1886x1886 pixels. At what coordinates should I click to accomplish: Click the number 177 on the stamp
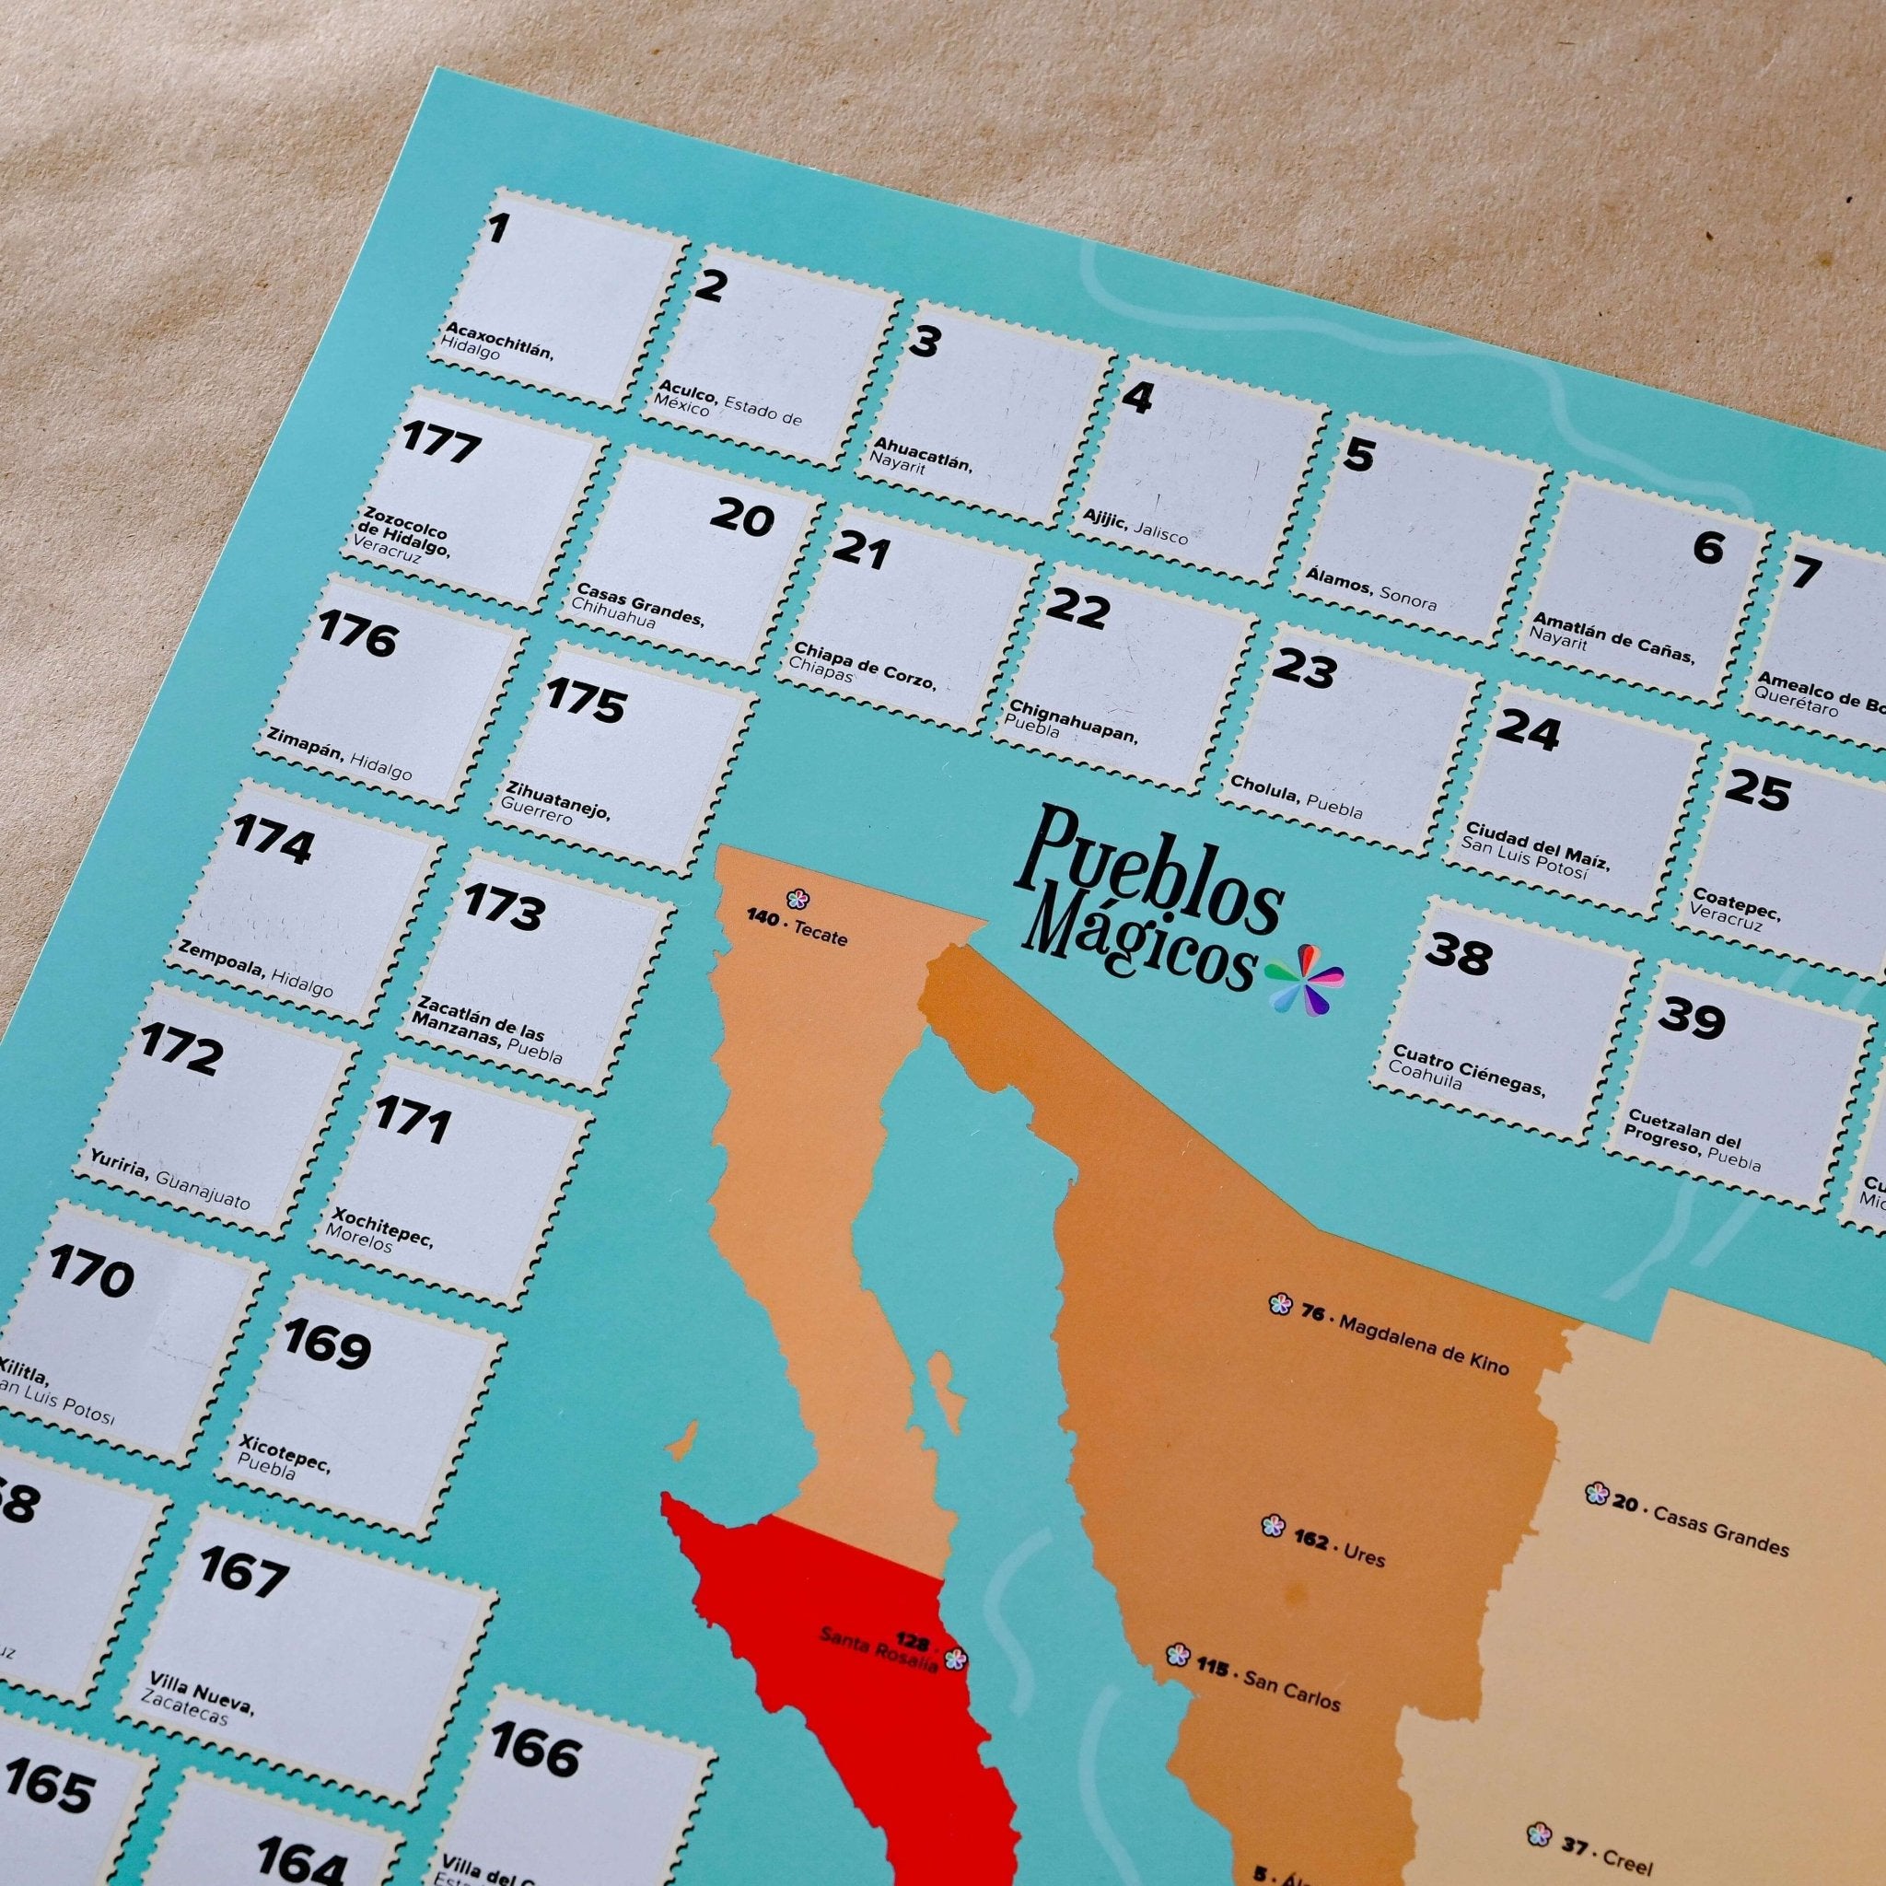tap(441, 444)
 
